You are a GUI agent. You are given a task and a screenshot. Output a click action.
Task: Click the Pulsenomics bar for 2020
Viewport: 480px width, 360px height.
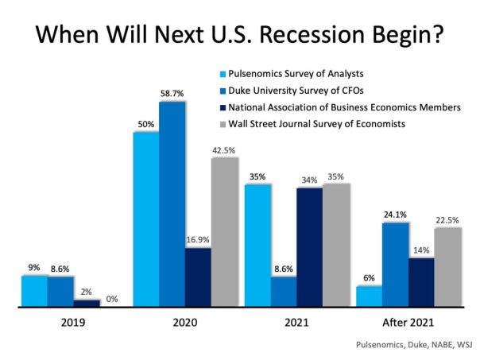click(x=145, y=219)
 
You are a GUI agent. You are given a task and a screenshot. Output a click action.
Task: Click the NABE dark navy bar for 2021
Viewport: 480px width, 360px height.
click(x=310, y=247)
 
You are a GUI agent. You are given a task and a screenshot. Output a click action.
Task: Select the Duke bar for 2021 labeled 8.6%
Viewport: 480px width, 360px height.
click(x=283, y=291)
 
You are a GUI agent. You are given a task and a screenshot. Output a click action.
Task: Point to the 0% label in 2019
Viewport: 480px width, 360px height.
click(x=112, y=299)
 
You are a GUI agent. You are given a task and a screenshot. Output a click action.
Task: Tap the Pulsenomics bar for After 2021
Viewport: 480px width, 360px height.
click(x=369, y=296)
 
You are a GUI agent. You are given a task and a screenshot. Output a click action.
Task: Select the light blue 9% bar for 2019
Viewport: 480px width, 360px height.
click(x=34, y=290)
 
